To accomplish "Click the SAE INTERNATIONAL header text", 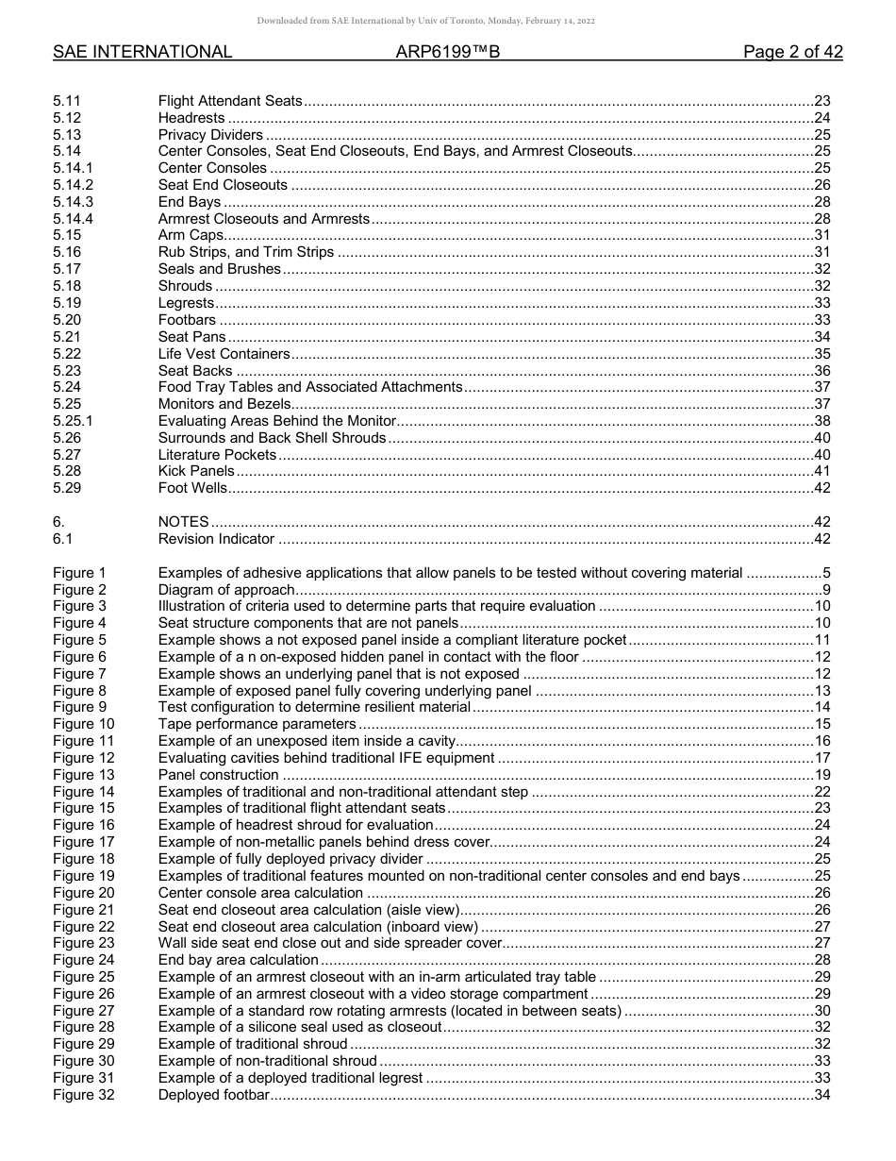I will tap(142, 53).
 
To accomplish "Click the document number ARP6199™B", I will tap(447, 53).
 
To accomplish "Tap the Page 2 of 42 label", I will tap(792, 53).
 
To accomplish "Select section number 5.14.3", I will tap(74, 202).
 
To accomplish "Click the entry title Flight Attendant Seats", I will tap(230, 101).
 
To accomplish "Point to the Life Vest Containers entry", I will tap(224, 354).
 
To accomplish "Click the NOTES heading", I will tap(183, 523).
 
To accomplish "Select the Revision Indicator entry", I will tap(216, 540).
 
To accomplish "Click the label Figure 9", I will tap(79, 708).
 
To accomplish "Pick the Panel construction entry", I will tap(218, 775).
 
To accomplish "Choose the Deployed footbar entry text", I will tap(214, 1095).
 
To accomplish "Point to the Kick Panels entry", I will tap(196, 472).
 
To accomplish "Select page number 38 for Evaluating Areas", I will tap(821, 421).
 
